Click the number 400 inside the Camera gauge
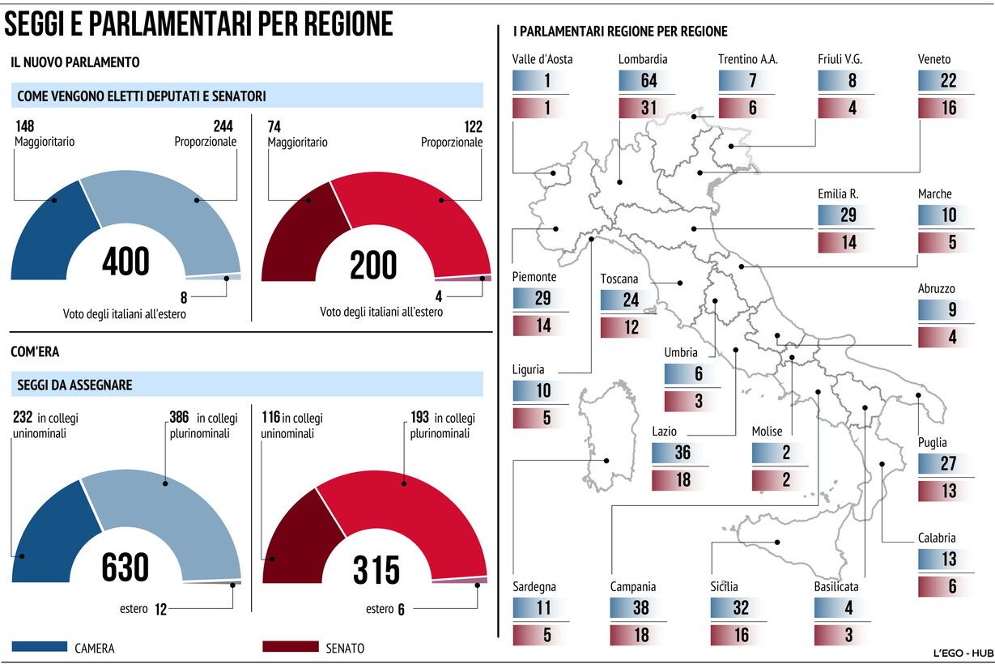point(126,262)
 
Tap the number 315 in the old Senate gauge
point(376,569)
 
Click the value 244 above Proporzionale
point(223,126)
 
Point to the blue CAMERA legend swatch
point(40,647)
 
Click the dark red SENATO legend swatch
point(291,647)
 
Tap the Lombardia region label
point(643,59)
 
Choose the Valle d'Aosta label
point(542,59)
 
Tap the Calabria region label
point(937,538)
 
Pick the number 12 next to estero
point(160,609)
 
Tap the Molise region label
point(767,432)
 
